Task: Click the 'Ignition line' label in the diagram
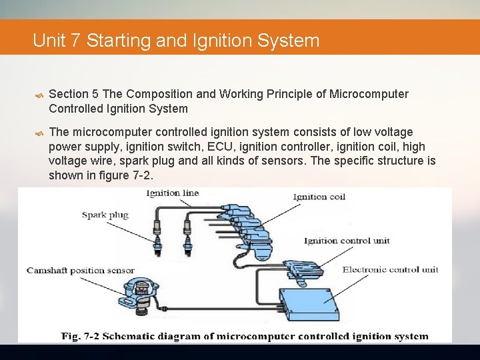click(x=172, y=193)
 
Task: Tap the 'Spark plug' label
click(x=105, y=215)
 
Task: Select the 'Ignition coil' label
click(x=319, y=197)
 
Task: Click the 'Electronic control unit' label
click(x=390, y=269)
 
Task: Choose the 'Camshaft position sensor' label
click(x=80, y=271)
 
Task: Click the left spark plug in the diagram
click(x=157, y=242)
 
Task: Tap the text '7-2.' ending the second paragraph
click(x=142, y=175)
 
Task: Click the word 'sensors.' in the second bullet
click(x=309, y=160)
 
